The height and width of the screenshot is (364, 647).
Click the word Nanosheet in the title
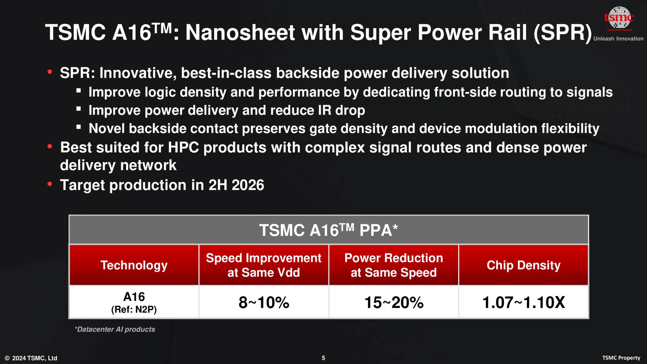(x=240, y=33)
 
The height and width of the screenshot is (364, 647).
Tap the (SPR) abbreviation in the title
(x=562, y=33)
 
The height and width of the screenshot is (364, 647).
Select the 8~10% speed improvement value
(x=264, y=302)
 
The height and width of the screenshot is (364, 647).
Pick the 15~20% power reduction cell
(x=394, y=302)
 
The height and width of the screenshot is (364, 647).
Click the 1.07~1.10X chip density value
(x=523, y=302)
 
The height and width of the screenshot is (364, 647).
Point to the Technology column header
(x=134, y=265)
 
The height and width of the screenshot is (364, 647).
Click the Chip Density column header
(x=523, y=265)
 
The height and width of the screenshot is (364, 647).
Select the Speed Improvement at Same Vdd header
(x=264, y=265)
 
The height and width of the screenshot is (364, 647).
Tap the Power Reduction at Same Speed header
(x=394, y=265)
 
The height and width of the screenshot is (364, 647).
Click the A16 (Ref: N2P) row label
(x=134, y=302)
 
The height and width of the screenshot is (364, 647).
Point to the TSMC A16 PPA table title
(x=329, y=231)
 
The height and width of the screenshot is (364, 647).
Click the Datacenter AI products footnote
(x=115, y=329)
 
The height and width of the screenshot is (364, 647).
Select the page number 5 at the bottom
(x=323, y=358)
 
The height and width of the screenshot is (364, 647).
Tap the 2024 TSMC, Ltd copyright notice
(x=31, y=358)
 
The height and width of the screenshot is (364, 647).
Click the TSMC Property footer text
(x=621, y=358)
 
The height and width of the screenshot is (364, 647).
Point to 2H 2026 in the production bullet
(x=236, y=185)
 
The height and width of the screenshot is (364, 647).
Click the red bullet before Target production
(x=50, y=184)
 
